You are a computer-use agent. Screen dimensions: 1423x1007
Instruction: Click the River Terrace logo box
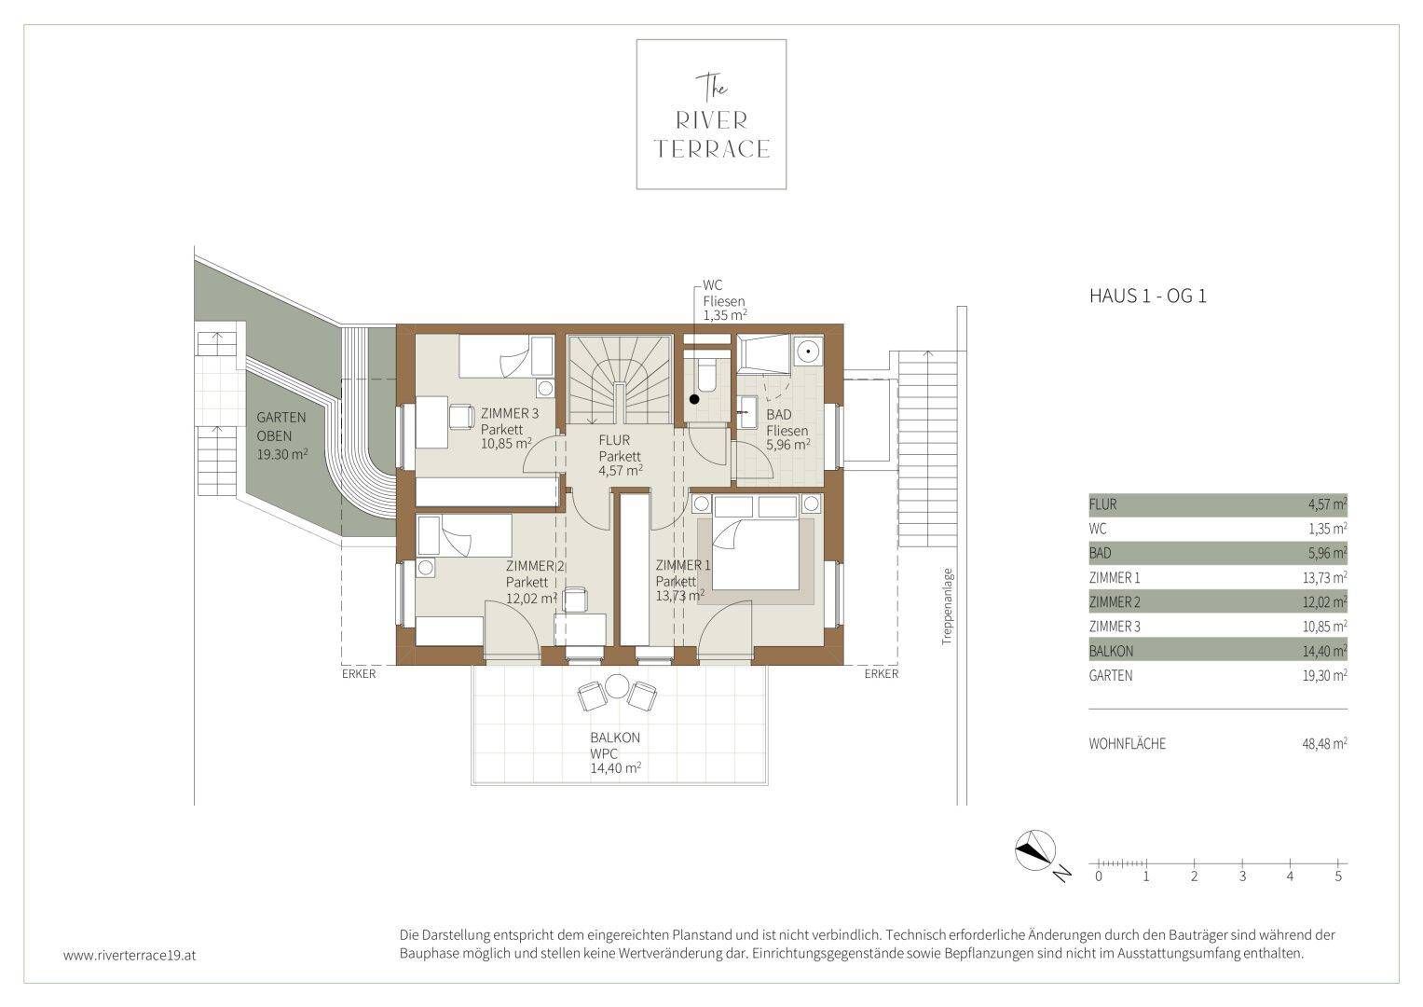click(711, 115)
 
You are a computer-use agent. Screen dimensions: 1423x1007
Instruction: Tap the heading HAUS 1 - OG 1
click(1147, 297)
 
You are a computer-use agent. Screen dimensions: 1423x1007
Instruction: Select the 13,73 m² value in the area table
click(1324, 577)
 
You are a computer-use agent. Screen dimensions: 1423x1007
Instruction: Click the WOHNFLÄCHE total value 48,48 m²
click(1324, 743)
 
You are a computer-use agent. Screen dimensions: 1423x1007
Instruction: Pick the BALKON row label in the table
click(1111, 651)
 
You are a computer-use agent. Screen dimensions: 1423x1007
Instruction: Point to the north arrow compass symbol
click(1035, 850)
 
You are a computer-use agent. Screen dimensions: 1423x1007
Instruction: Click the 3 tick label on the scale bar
click(1242, 876)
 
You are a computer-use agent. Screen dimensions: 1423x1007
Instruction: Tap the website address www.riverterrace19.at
click(130, 956)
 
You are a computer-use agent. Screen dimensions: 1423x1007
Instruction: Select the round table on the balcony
click(617, 686)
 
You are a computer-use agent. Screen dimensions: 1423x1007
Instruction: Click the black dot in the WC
click(694, 399)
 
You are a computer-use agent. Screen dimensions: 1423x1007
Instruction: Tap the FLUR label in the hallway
click(614, 440)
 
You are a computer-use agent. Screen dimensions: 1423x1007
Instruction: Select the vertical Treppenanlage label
click(948, 606)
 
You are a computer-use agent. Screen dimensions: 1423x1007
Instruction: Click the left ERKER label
click(359, 674)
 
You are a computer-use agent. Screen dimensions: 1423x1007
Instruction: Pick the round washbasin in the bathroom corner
click(808, 350)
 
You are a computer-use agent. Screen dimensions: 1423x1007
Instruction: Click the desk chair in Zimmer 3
click(461, 417)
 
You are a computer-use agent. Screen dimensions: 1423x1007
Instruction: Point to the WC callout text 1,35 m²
click(724, 315)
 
